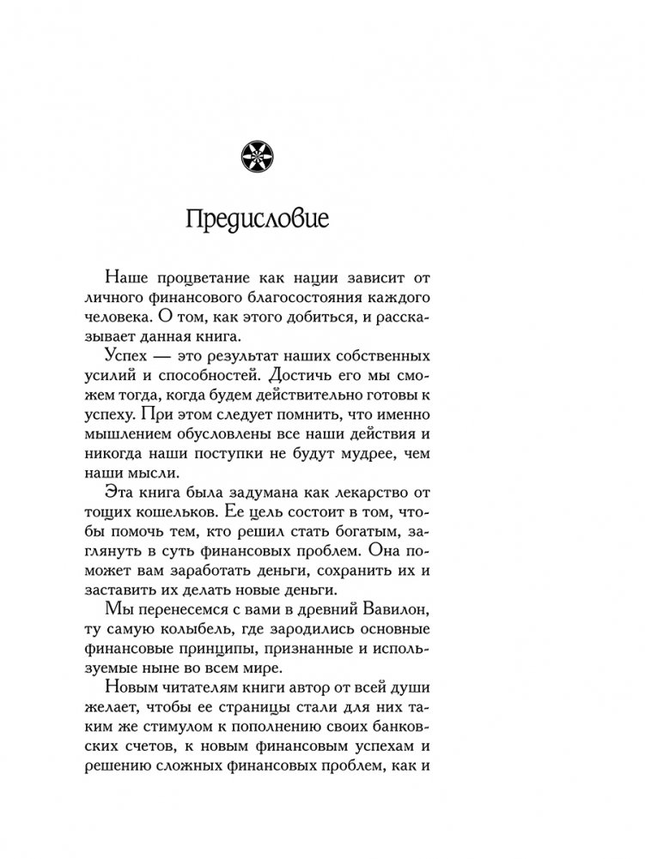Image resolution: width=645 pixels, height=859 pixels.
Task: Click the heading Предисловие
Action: (257, 217)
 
